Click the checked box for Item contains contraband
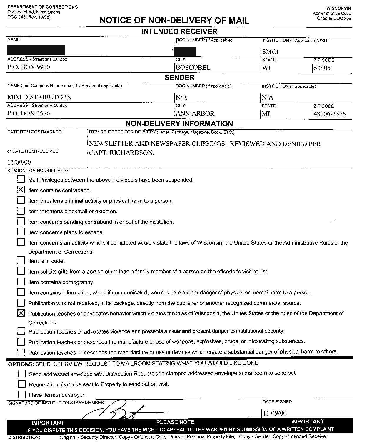pyautogui.click(x=21, y=190)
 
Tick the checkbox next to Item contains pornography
pyautogui.click(x=21, y=282)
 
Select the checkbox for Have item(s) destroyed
pyautogui.click(x=22, y=394)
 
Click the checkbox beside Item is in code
pyautogui.click(x=21, y=260)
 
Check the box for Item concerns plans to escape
pyautogui.click(x=21, y=232)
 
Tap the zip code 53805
pyautogui.click(x=322, y=68)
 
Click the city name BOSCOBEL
pyautogui.click(x=193, y=68)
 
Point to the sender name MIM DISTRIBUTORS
pyautogui.click(x=39, y=97)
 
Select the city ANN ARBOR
pyautogui.click(x=195, y=114)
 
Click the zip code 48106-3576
pyautogui.click(x=330, y=114)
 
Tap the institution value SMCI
pyautogui.click(x=270, y=52)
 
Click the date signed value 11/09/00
pyautogui.click(x=274, y=413)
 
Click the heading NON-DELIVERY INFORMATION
pyautogui.click(x=179, y=124)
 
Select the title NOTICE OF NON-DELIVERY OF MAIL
pyautogui.click(x=174, y=20)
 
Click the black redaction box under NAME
pyautogui.click(x=36, y=50)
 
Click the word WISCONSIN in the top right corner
pyautogui.click(x=338, y=8)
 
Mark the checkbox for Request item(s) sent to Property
pyautogui.click(x=22, y=384)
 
